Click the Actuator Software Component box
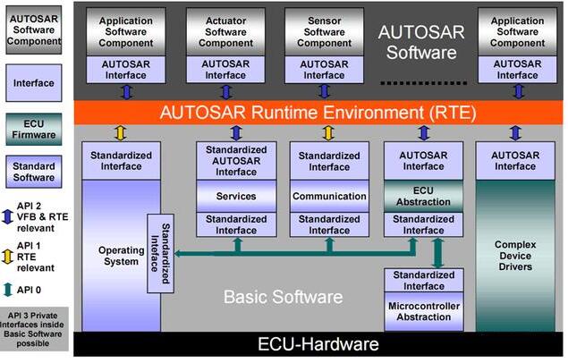point(225,31)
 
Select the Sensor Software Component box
point(323,31)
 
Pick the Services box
point(236,196)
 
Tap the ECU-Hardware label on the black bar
point(318,344)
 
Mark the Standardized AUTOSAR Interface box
point(236,160)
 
